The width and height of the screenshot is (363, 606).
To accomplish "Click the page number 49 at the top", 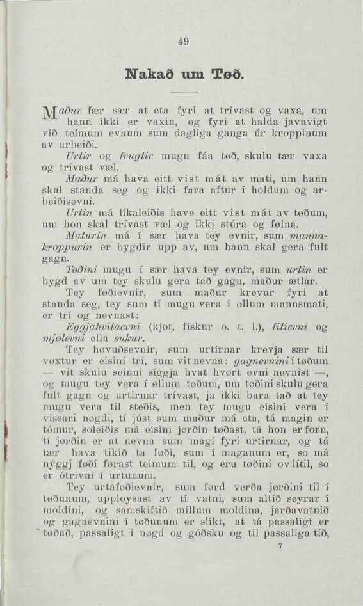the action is [184, 42].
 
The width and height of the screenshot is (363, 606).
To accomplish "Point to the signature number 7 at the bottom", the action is [280, 548].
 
